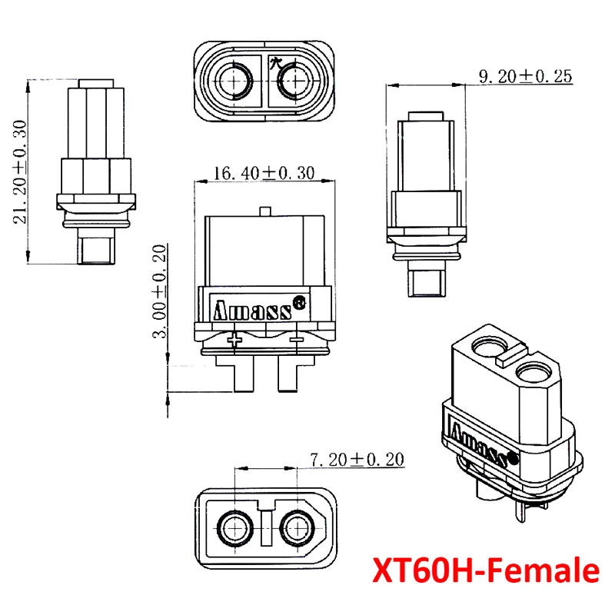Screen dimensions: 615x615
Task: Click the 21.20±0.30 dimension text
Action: pyautogui.click(x=20, y=171)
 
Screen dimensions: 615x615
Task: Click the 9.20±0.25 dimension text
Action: pyautogui.click(x=527, y=76)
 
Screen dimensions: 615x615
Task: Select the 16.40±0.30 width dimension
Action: pyautogui.click(x=264, y=174)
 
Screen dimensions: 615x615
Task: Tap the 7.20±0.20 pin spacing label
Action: pyautogui.click(x=356, y=460)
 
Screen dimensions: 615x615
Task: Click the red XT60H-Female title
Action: pyautogui.click(x=484, y=571)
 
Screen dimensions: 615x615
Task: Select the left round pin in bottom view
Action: pyautogui.click(x=235, y=527)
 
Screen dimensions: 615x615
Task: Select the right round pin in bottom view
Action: pyautogui.click(x=296, y=527)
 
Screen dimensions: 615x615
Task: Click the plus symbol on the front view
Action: pyautogui.click(x=238, y=337)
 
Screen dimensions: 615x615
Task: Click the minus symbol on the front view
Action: pyautogui.click(x=297, y=337)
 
